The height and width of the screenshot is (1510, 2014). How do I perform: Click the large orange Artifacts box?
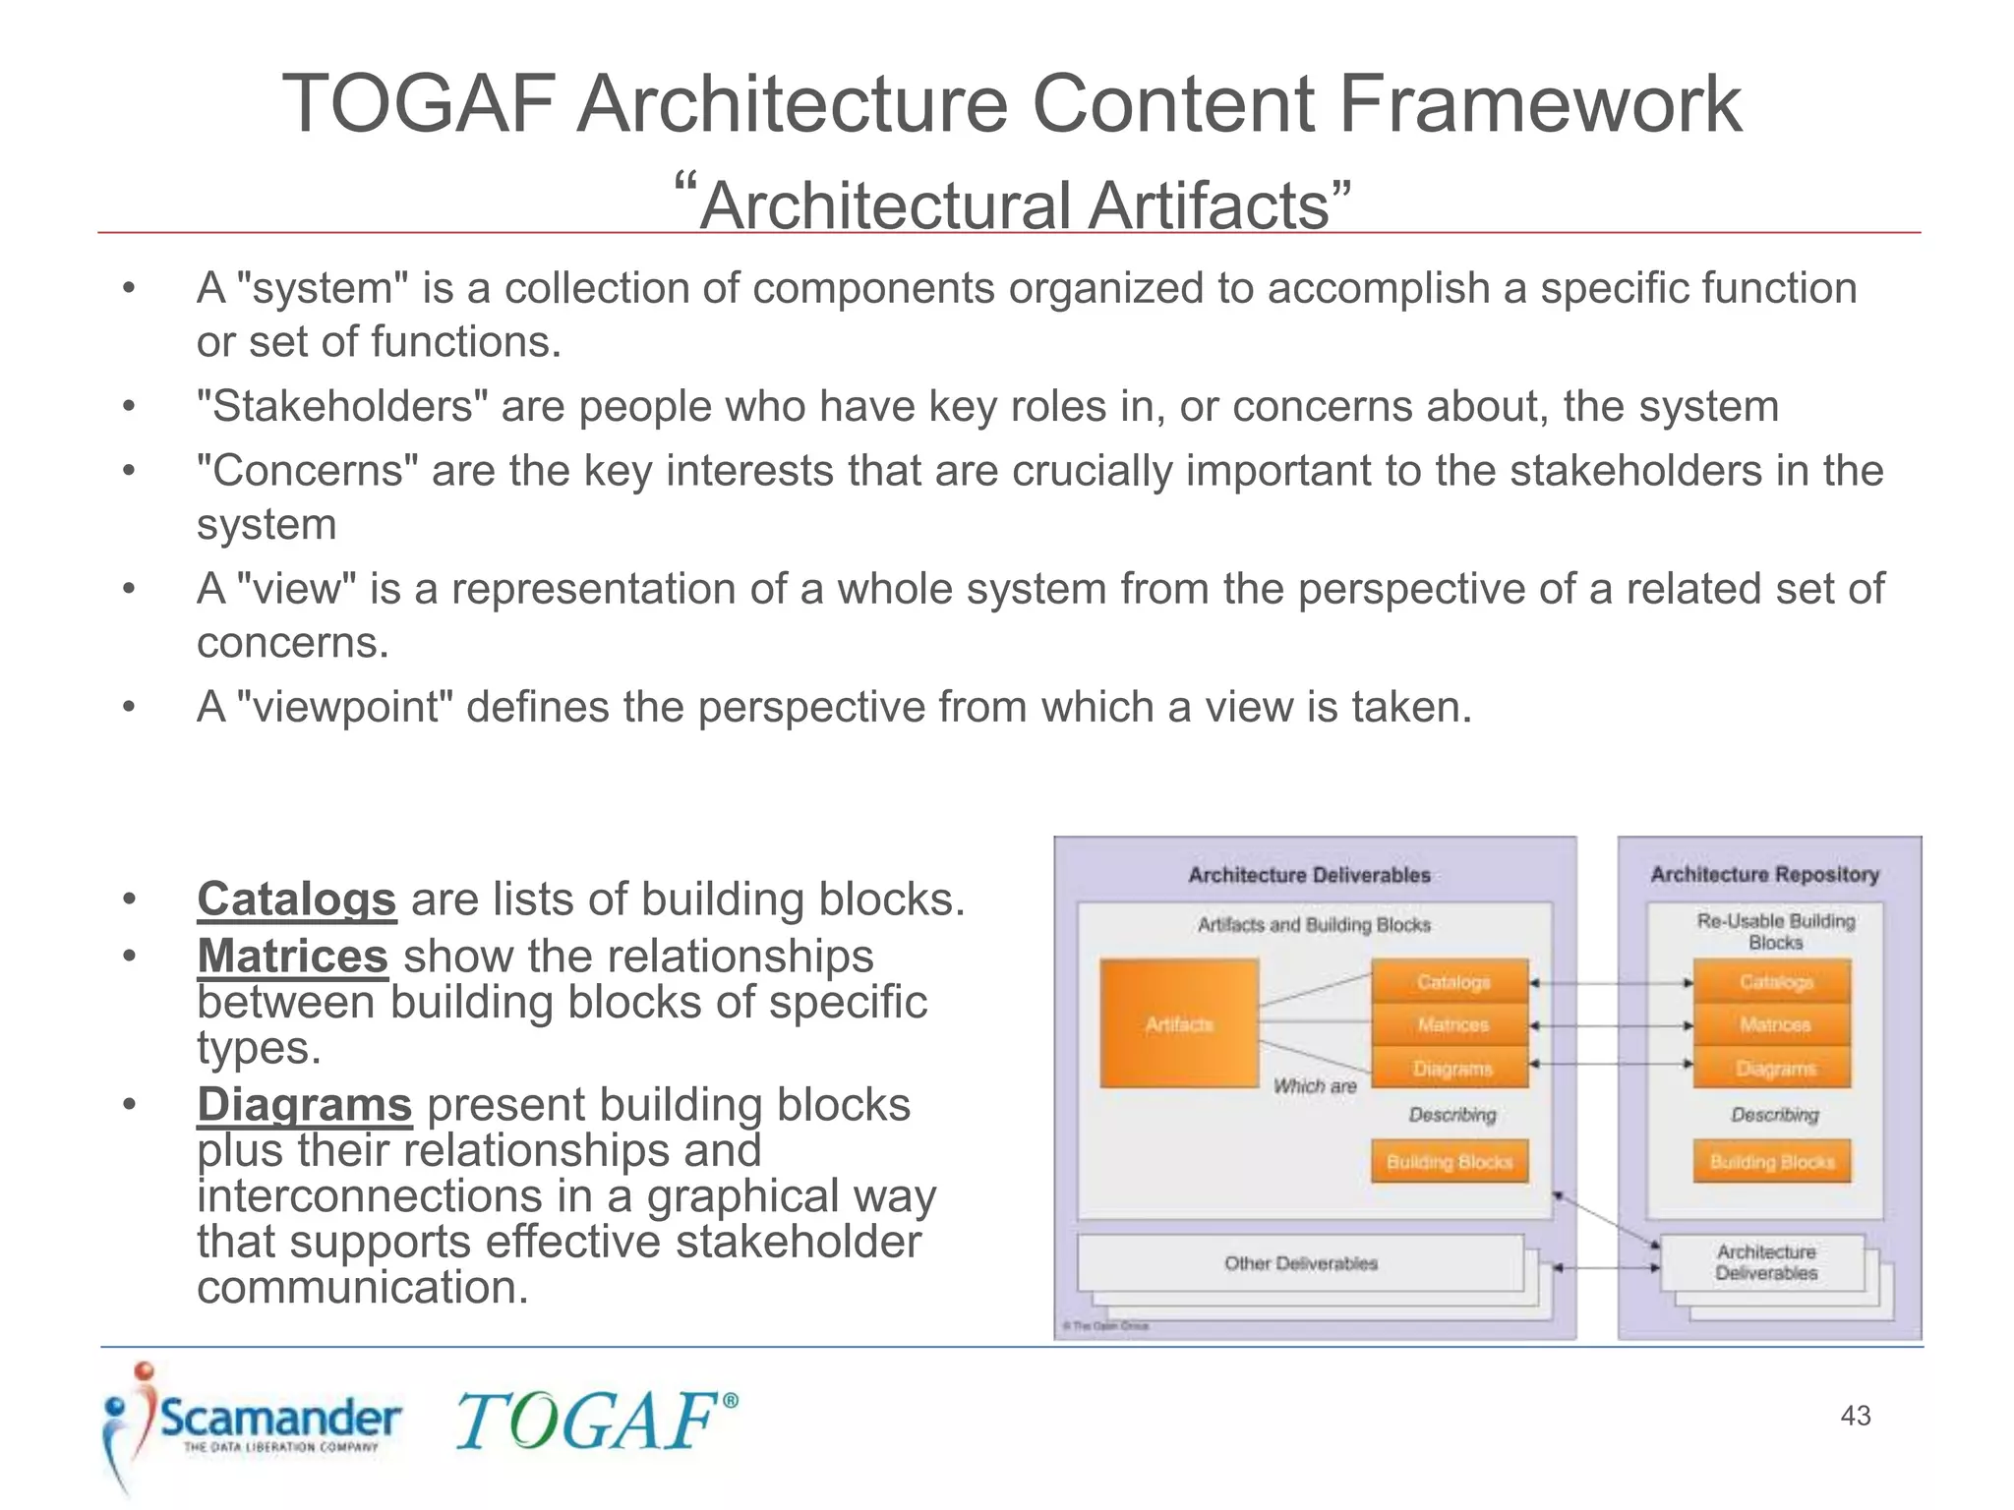[1179, 1024]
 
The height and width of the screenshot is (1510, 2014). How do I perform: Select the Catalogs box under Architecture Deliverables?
[1451, 982]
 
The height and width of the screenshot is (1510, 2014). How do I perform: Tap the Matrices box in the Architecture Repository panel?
[1773, 1024]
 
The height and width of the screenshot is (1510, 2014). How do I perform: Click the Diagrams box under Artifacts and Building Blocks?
[1451, 1069]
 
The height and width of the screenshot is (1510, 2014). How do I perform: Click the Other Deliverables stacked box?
[1300, 1263]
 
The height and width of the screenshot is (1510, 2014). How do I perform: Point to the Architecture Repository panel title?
[1764, 874]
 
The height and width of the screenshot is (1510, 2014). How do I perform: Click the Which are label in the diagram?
[1315, 1086]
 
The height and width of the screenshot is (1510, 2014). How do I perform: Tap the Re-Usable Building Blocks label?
[1775, 931]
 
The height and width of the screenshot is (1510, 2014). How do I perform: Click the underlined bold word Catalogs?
[296, 899]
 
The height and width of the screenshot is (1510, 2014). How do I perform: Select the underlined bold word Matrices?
[292, 956]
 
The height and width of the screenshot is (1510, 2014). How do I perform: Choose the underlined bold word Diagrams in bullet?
[304, 1104]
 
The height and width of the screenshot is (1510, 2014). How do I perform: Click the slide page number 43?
[1855, 1416]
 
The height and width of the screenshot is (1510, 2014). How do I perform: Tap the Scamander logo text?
[280, 1419]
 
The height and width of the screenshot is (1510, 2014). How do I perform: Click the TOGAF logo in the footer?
[594, 1422]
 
